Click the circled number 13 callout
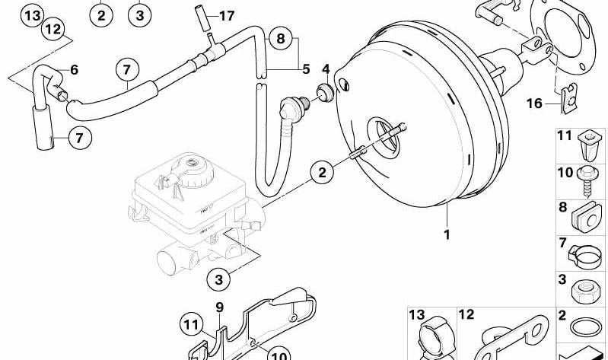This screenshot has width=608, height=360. point(30,14)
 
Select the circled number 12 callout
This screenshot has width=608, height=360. point(52,30)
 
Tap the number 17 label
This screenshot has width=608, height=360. point(227,15)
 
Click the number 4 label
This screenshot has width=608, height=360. point(326,69)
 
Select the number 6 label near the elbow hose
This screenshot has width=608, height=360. point(74,70)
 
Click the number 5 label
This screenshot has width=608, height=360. point(305,69)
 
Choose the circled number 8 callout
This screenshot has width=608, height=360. point(280,37)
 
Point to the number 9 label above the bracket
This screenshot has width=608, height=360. point(219,308)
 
